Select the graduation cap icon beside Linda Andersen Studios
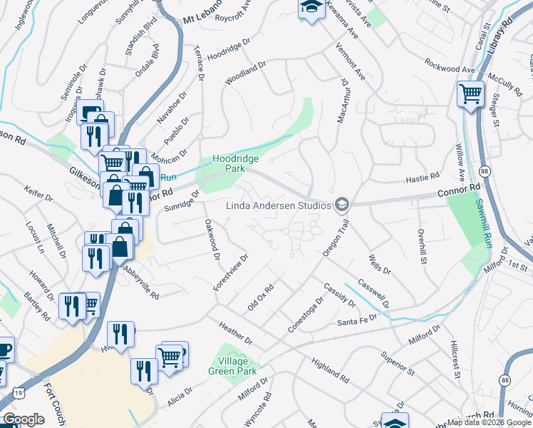pyautogui.click(x=342, y=205)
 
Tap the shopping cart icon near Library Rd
pyautogui.click(x=470, y=93)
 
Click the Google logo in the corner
pyautogui.click(x=24, y=419)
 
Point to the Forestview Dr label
pyautogui.click(x=230, y=272)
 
